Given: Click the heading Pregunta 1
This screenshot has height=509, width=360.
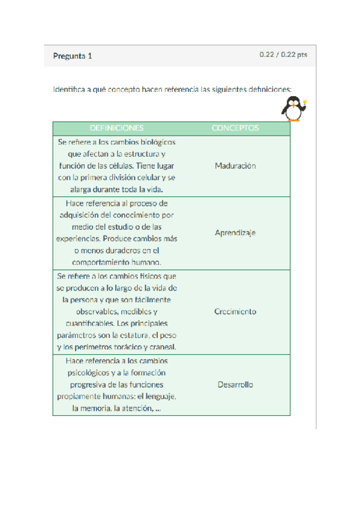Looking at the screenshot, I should (x=73, y=56).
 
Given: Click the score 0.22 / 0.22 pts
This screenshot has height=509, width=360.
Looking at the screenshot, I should (x=283, y=55).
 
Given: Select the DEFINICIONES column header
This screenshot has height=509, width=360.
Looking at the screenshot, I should (x=116, y=128).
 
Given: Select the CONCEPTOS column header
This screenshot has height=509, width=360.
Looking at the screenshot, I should (x=235, y=128).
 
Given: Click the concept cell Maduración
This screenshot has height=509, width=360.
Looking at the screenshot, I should (x=235, y=166).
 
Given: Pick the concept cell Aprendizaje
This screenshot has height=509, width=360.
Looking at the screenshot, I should (x=235, y=233).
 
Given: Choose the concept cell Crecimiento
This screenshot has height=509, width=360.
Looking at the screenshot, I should (x=235, y=312).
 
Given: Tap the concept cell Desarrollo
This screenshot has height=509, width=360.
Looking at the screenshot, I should (x=235, y=385).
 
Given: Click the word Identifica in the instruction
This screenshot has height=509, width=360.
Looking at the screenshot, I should (x=68, y=90).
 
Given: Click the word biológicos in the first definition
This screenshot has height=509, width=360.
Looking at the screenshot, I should (x=157, y=143).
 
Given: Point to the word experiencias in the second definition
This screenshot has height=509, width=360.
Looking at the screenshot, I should (x=80, y=238).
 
